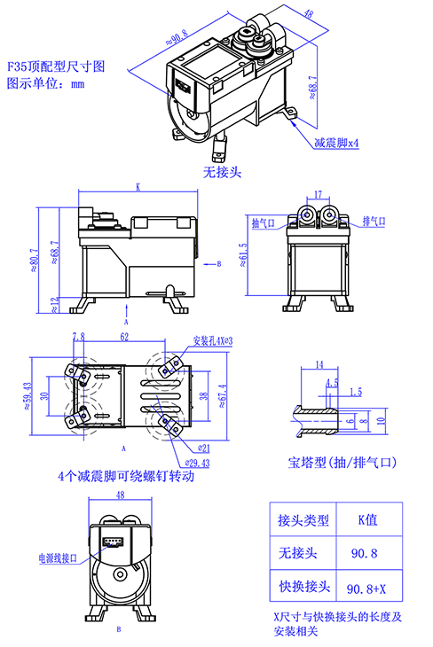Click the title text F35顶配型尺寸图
tap(56, 66)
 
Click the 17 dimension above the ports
tap(317, 195)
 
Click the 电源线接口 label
tap(57, 559)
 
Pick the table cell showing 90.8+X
tap(365, 588)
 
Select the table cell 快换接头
tap(303, 588)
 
